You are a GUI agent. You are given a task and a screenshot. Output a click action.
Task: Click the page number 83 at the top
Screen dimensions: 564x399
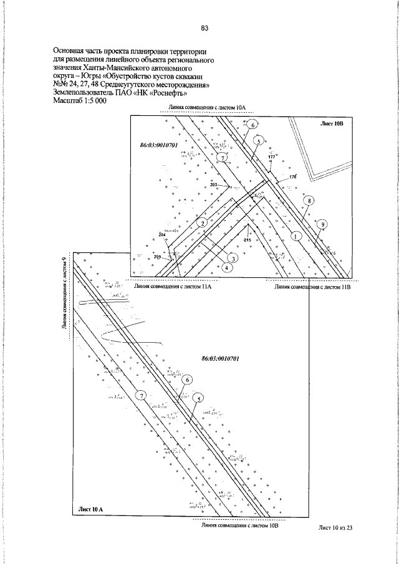204,28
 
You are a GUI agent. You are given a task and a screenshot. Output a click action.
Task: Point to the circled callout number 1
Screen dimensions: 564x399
296,236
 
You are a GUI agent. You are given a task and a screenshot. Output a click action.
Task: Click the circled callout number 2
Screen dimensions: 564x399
202,222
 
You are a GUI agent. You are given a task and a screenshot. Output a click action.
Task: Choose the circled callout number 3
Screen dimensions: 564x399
232,258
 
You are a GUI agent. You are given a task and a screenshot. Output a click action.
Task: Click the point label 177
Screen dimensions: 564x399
271,157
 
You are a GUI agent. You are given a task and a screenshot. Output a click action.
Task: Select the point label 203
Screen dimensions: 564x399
214,185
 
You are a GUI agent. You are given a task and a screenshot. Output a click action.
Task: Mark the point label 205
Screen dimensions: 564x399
157,257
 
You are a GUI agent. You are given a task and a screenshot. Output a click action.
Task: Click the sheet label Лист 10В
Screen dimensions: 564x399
332,123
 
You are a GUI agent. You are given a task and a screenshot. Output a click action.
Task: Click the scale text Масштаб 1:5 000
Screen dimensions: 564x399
79,102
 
